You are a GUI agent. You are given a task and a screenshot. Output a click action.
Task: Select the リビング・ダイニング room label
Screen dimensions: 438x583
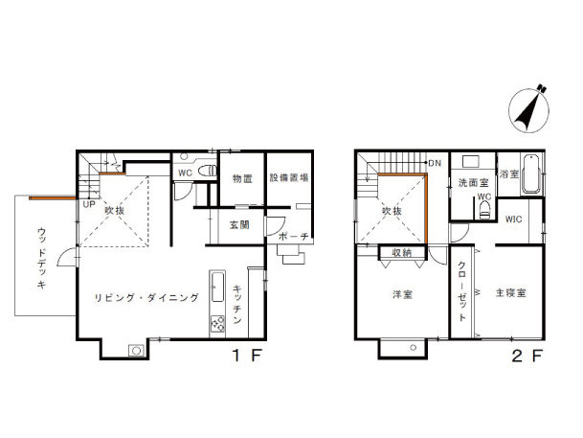146,298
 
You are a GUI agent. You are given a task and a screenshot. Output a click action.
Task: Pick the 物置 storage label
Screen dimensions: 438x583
242,178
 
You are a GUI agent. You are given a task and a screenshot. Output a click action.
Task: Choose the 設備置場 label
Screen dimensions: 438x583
288,178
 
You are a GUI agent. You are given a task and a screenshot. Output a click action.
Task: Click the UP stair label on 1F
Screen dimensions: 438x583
87,204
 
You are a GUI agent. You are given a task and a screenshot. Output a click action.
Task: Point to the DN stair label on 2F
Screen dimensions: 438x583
434,162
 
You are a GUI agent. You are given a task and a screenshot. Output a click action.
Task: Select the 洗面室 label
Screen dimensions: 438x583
472,182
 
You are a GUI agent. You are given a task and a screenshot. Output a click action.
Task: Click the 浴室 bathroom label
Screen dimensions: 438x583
508,174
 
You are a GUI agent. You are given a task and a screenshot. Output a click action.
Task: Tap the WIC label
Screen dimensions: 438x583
515,219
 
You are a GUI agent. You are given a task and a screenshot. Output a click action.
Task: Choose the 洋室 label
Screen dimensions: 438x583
402,294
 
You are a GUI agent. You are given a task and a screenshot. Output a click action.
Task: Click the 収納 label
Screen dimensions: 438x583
401,253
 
